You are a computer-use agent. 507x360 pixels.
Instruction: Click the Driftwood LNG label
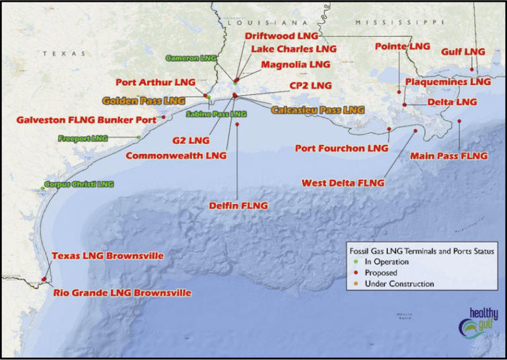pos(281,36)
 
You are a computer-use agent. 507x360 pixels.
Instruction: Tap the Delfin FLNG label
pos(238,205)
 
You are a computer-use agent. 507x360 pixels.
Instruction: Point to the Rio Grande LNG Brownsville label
pos(122,293)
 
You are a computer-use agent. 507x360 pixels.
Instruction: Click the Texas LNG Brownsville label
pos(108,256)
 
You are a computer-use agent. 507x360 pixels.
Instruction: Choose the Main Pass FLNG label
pos(448,156)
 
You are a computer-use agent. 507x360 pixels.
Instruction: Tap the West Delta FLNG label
pos(343,182)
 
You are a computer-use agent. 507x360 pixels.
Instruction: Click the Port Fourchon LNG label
pos(341,149)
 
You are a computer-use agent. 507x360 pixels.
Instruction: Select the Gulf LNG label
pos(463,52)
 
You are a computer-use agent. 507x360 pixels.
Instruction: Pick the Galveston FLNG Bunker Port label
pos(86,120)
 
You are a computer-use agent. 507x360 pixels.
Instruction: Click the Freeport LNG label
pos(83,139)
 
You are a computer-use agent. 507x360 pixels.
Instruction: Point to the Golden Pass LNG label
pos(143,101)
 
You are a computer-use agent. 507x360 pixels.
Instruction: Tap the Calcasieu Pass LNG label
pos(318,110)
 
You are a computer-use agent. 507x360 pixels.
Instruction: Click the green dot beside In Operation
pos(351,262)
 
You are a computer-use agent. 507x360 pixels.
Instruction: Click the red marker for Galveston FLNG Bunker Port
pos(163,118)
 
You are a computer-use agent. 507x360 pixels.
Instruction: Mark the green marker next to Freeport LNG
pos(139,137)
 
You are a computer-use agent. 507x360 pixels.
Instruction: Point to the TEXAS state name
pos(64,54)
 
